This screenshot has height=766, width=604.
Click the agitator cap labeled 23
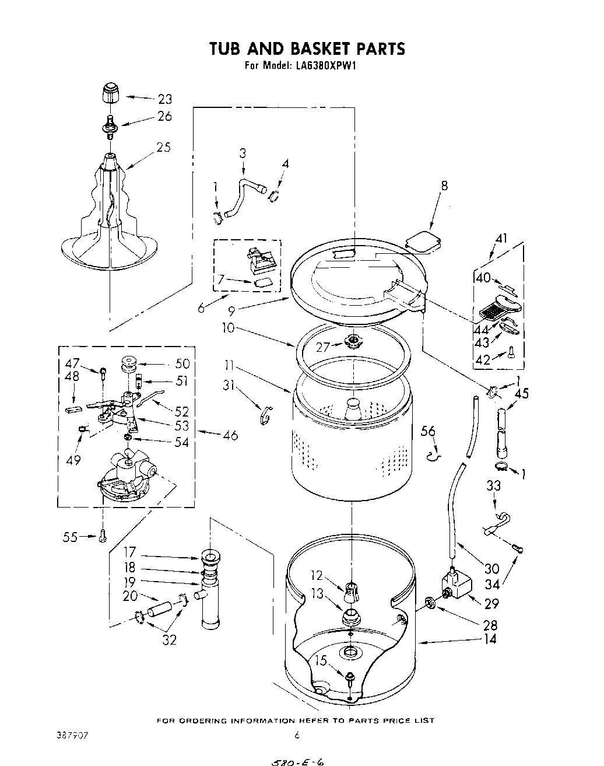point(110,94)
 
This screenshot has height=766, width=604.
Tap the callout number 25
point(163,148)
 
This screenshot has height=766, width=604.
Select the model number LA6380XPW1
point(325,66)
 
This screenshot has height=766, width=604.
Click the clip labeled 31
point(265,414)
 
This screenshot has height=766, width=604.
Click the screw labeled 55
point(103,534)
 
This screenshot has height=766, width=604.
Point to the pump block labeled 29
point(457,583)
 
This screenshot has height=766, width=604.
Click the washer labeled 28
point(430,601)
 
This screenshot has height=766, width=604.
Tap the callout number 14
point(490,639)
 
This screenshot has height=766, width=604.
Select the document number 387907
point(73,736)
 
